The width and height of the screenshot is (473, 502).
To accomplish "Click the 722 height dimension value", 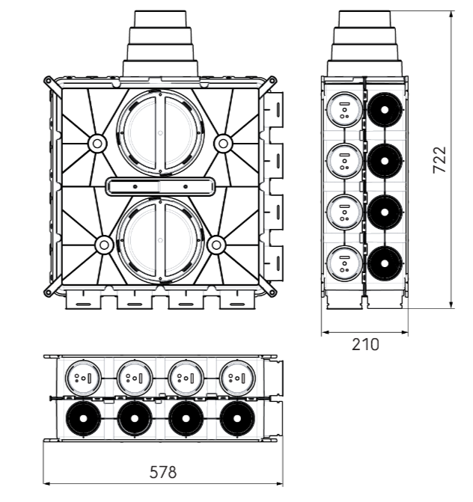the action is (x=439, y=159).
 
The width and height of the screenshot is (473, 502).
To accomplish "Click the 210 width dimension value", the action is (x=365, y=344).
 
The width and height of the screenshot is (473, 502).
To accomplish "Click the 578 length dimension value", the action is (x=163, y=473).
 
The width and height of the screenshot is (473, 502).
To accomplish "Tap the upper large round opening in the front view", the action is (x=160, y=132).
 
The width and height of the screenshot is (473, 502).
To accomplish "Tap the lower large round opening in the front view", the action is (x=160, y=240).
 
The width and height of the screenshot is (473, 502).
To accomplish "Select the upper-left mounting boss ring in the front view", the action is (x=97, y=144).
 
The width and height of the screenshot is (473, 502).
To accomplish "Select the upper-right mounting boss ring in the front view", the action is (x=223, y=144).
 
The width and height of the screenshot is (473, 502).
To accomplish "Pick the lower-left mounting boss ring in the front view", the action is (x=104, y=245).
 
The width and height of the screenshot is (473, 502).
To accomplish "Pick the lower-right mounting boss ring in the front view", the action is (x=216, y=245).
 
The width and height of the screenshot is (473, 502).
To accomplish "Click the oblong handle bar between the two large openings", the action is (x=160, y=186).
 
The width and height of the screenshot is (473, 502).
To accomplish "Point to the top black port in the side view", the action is (x=385, y=110).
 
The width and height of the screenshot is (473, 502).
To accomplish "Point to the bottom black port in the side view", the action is (x=385, y=263).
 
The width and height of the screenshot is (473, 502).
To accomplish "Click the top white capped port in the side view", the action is (x=344, y=110).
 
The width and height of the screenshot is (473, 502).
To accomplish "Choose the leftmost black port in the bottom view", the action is (x=84, y=418).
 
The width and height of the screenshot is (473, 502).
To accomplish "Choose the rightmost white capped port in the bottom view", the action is (x=237, y=378).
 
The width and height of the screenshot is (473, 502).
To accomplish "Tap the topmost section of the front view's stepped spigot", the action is (x=160, y=19).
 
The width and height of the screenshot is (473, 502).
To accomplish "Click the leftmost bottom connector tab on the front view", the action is (x=83, y=301).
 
